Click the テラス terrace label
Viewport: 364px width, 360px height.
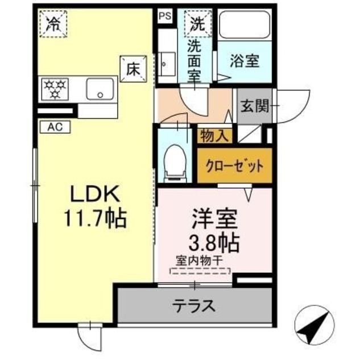coord(194,306)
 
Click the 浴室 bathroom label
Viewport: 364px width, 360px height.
coord(245,61)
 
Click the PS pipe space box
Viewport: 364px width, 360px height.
coord(165,15)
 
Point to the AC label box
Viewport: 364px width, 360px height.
coord(55,127)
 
